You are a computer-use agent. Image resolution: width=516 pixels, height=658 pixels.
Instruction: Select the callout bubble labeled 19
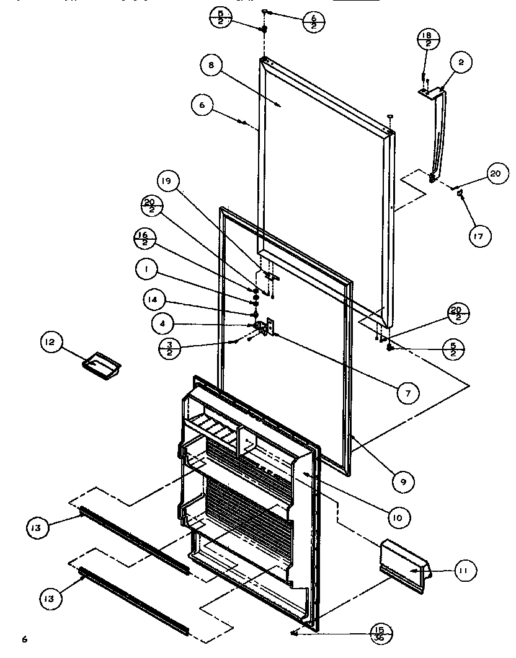click(169, 182)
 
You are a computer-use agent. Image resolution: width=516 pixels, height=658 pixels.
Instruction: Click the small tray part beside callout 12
click(100, 362)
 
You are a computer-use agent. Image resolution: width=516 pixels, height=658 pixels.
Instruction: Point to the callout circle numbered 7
click(408, 392)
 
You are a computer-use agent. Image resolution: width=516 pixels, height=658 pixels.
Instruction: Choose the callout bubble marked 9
click(403, 481)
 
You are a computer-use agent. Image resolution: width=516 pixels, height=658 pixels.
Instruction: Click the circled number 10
click(399, 515)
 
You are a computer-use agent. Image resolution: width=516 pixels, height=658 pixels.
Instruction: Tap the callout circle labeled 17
click(479, 235)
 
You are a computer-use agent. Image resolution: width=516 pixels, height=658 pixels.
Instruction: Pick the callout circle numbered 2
click(461, 62)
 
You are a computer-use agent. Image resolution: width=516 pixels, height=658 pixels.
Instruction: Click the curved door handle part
click(436, 136)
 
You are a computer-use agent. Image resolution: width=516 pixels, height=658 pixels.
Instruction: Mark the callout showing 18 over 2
click(426, 40)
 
